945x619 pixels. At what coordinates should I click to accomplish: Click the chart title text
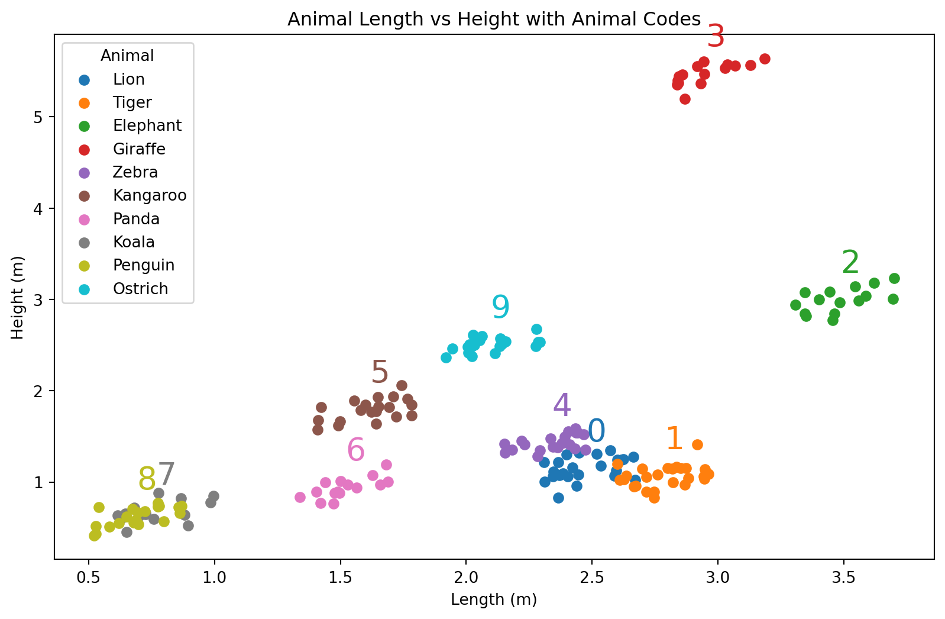click(494, 20)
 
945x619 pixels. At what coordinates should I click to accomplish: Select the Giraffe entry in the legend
click(139, 149)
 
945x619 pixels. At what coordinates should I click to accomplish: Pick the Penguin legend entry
click(144, 265)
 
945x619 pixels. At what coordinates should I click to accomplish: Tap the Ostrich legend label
click(141, 289)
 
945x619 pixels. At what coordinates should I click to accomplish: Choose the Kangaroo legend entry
click(150, 195)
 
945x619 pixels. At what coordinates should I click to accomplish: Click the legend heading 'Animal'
click(127, 56)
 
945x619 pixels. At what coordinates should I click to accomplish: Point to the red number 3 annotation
click(716, 37)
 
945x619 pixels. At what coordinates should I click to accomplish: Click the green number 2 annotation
click(850, 263)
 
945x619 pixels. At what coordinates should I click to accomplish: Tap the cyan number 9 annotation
click(500, 308)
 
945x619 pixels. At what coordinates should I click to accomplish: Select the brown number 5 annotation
click(380, 373)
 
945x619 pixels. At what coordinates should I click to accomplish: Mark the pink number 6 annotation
click(355, 450)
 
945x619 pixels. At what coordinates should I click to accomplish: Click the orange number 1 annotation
click(674, 439)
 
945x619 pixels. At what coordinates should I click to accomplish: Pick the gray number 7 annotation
click(167, 475)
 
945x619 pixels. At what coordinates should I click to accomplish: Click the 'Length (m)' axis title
click(494, 600)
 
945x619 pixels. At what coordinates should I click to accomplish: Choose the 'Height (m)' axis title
click(18, 298)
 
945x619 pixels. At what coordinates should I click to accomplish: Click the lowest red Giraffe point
click(685, 99)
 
